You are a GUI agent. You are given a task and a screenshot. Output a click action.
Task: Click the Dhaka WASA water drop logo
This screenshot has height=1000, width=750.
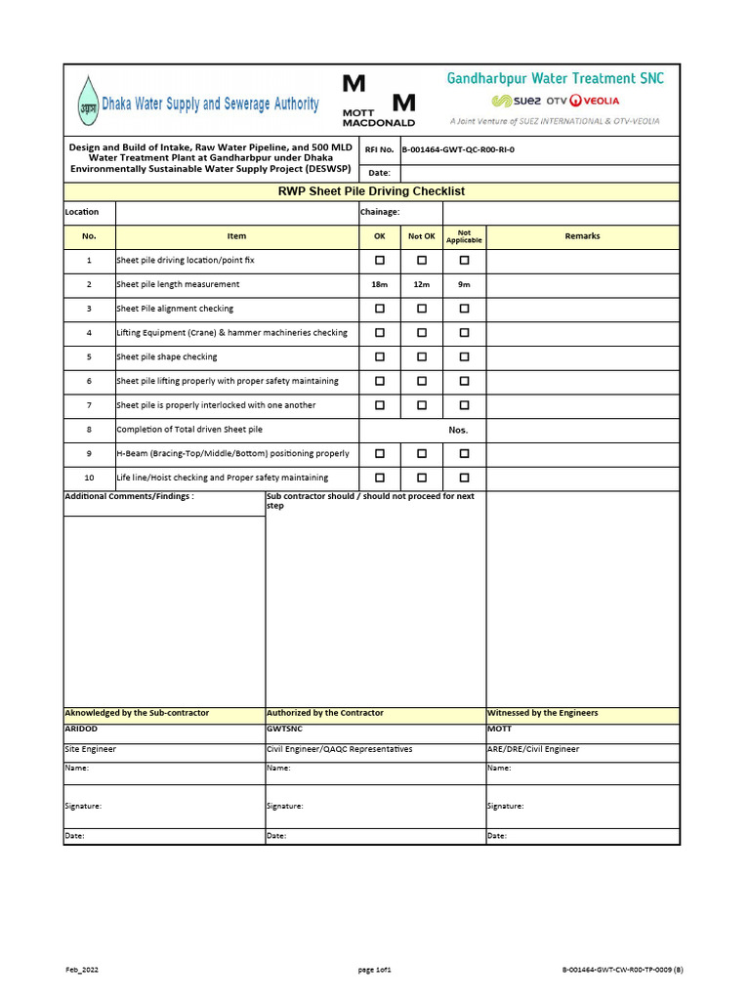[88, 102]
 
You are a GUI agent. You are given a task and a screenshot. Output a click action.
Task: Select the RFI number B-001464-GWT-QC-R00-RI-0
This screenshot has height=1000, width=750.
[458, 149]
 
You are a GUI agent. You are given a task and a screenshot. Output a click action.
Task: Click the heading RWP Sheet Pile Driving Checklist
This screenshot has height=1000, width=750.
[372, 191]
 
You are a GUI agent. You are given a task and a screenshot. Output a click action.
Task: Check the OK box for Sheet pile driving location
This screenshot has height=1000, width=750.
[380, 261]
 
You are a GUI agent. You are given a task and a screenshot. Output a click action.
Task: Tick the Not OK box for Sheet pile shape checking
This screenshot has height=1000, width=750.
[422, 356]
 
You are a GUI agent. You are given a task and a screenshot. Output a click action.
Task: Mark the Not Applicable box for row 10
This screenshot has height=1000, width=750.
[465, 478]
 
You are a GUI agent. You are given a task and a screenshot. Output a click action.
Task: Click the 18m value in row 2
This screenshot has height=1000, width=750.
[380, 284]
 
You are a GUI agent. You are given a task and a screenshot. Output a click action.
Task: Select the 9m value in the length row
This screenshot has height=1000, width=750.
[465, 284]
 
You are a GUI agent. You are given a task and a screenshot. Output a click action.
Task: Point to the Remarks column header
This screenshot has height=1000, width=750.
[582, 236]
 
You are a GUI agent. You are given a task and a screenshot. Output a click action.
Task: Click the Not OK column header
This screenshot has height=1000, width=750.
[422, 236]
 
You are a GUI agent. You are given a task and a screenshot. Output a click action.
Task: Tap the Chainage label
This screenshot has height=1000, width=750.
[380, 212]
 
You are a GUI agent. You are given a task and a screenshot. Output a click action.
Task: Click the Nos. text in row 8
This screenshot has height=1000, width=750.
[458, 430]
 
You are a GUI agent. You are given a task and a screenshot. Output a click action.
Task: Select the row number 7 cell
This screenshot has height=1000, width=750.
[89, 405]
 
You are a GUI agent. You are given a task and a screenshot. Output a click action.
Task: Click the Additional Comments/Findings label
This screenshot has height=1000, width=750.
[129, 496]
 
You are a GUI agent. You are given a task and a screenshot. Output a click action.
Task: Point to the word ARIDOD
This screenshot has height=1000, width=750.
[81, 729]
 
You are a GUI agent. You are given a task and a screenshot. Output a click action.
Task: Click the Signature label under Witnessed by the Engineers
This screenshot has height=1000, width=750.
[506, 806]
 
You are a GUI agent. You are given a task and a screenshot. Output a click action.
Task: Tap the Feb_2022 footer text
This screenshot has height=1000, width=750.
[82, 970]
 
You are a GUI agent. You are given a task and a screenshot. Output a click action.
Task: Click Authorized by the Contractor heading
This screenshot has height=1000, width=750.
[325, 713]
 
